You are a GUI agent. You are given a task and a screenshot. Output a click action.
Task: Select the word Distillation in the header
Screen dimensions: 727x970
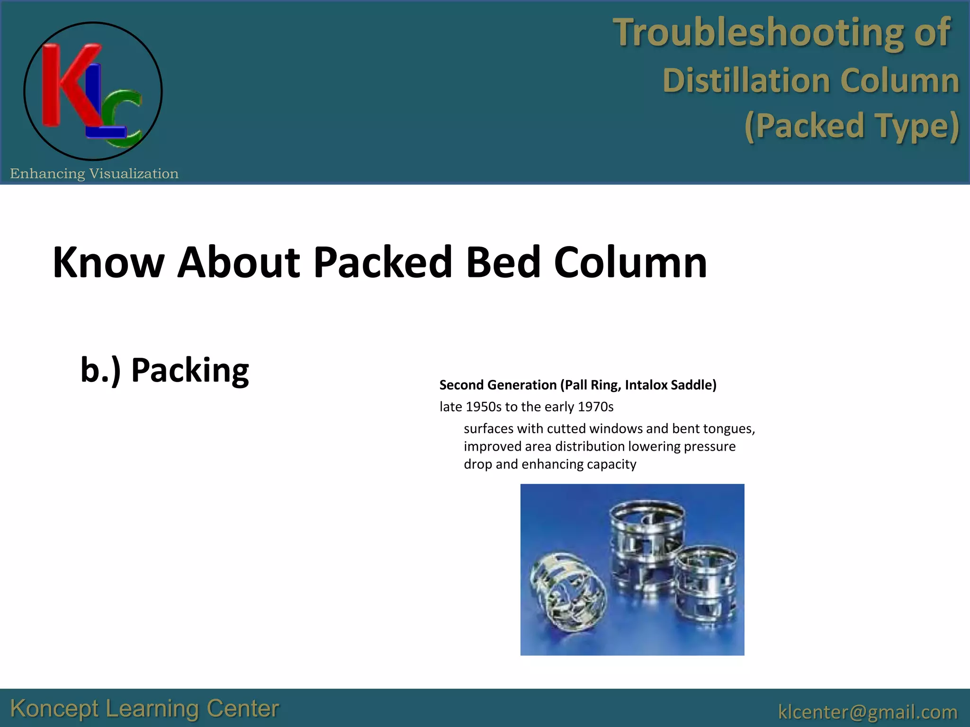pos(746,80)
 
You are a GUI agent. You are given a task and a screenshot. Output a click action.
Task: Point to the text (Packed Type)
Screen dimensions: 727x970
pos(852,126)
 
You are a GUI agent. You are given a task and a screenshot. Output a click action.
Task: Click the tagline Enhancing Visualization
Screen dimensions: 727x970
pos(94,174)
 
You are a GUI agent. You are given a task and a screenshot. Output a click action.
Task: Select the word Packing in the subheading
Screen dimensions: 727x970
pos(189,370)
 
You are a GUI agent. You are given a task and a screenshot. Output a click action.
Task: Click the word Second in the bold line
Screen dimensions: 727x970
pos(461,385)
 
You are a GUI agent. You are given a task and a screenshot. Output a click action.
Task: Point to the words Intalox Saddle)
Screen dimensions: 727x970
pos(670,385)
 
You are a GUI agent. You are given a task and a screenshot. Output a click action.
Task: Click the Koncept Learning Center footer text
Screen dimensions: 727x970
pos(144,709)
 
